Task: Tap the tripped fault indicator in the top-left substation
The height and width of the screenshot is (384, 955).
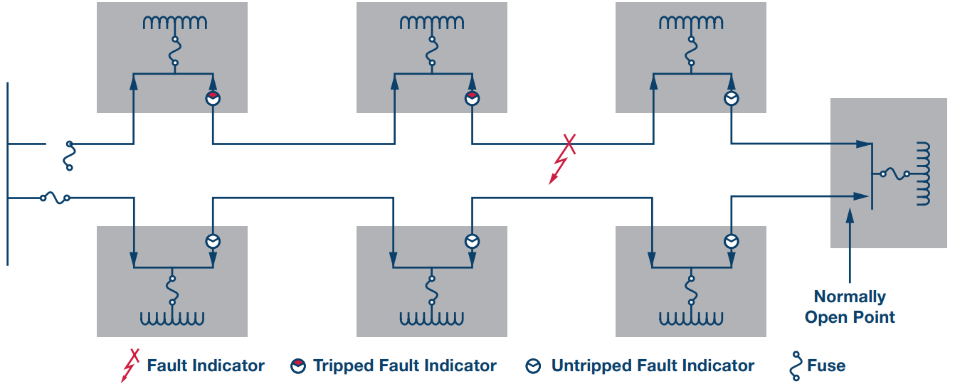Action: (x=213, y=99)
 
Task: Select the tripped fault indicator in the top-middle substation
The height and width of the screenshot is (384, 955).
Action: (x=472, y=99)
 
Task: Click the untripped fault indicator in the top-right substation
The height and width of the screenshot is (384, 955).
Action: (x=731, y=99)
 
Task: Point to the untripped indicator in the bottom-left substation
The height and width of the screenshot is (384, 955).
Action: (x=213, y=240)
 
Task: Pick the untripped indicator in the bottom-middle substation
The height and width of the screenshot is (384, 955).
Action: (x=472, y=240)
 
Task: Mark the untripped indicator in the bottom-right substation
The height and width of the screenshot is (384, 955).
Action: (x=731, y=240)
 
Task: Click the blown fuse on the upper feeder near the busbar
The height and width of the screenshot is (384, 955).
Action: (x=69, y=155)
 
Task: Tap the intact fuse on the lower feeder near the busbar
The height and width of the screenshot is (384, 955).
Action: (x=55, y=198)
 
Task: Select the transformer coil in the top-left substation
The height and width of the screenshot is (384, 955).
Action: (x=174, y=23)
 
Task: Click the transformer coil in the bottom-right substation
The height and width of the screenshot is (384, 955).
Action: (x=690, y=317)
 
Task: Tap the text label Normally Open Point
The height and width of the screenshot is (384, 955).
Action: (x=850, y=306)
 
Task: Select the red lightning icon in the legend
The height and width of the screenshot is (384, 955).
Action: (x=130, y=366)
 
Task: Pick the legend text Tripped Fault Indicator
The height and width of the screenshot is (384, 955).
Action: (x=404, y=366)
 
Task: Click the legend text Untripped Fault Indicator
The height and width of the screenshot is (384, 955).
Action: (x=653, y=366)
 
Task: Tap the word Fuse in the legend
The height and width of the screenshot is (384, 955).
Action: (x=826, y=366)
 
